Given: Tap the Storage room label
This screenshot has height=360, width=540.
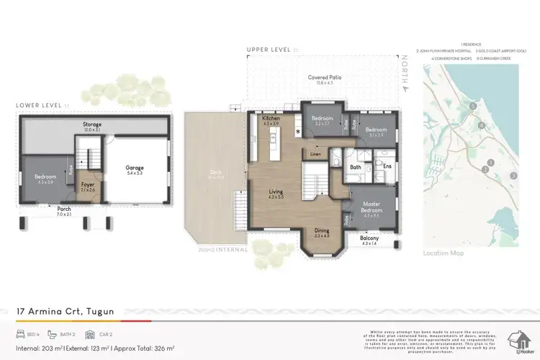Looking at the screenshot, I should click(x=91, y=125).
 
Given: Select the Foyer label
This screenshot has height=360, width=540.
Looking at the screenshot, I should click(x=88, y=184).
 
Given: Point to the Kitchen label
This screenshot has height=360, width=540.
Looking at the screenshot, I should click(x=271, y=117).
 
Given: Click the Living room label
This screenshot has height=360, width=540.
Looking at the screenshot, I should click(x=276, y=192).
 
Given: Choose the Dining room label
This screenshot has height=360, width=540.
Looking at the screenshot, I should click(x=321, y=231).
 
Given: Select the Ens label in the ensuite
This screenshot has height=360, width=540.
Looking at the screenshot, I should click(x=386, y=167).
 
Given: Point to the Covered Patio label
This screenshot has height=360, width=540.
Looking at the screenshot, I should click(x=325, y=77).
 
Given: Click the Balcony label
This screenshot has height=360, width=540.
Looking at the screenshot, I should click(x=369, y=238).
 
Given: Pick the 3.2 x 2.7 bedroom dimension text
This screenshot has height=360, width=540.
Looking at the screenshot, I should click(x=322, y=124).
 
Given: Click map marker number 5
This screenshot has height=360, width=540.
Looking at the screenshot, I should click(x=472, y=107).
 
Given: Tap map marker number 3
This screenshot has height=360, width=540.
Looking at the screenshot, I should click(x=513, y=175).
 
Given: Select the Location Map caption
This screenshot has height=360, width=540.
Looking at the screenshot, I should click(x=444, y=253).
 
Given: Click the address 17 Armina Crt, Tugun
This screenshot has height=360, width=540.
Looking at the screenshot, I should click(x=66, y=311).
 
